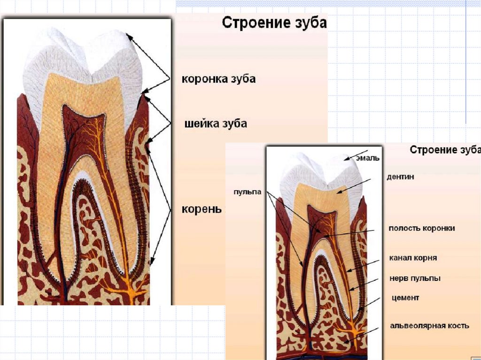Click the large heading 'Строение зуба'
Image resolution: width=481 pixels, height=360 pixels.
pos(274,23)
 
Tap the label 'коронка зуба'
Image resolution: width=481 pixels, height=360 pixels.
pos(218,78)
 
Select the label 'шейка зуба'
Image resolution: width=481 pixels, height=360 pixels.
pos(215,124)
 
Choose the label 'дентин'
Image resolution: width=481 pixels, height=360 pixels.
pos(400,177)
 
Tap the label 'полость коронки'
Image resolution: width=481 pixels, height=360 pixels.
pos(422,228)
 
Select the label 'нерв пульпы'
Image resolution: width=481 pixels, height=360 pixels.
pos(415,278)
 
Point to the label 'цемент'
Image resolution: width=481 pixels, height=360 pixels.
pos(405,298)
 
